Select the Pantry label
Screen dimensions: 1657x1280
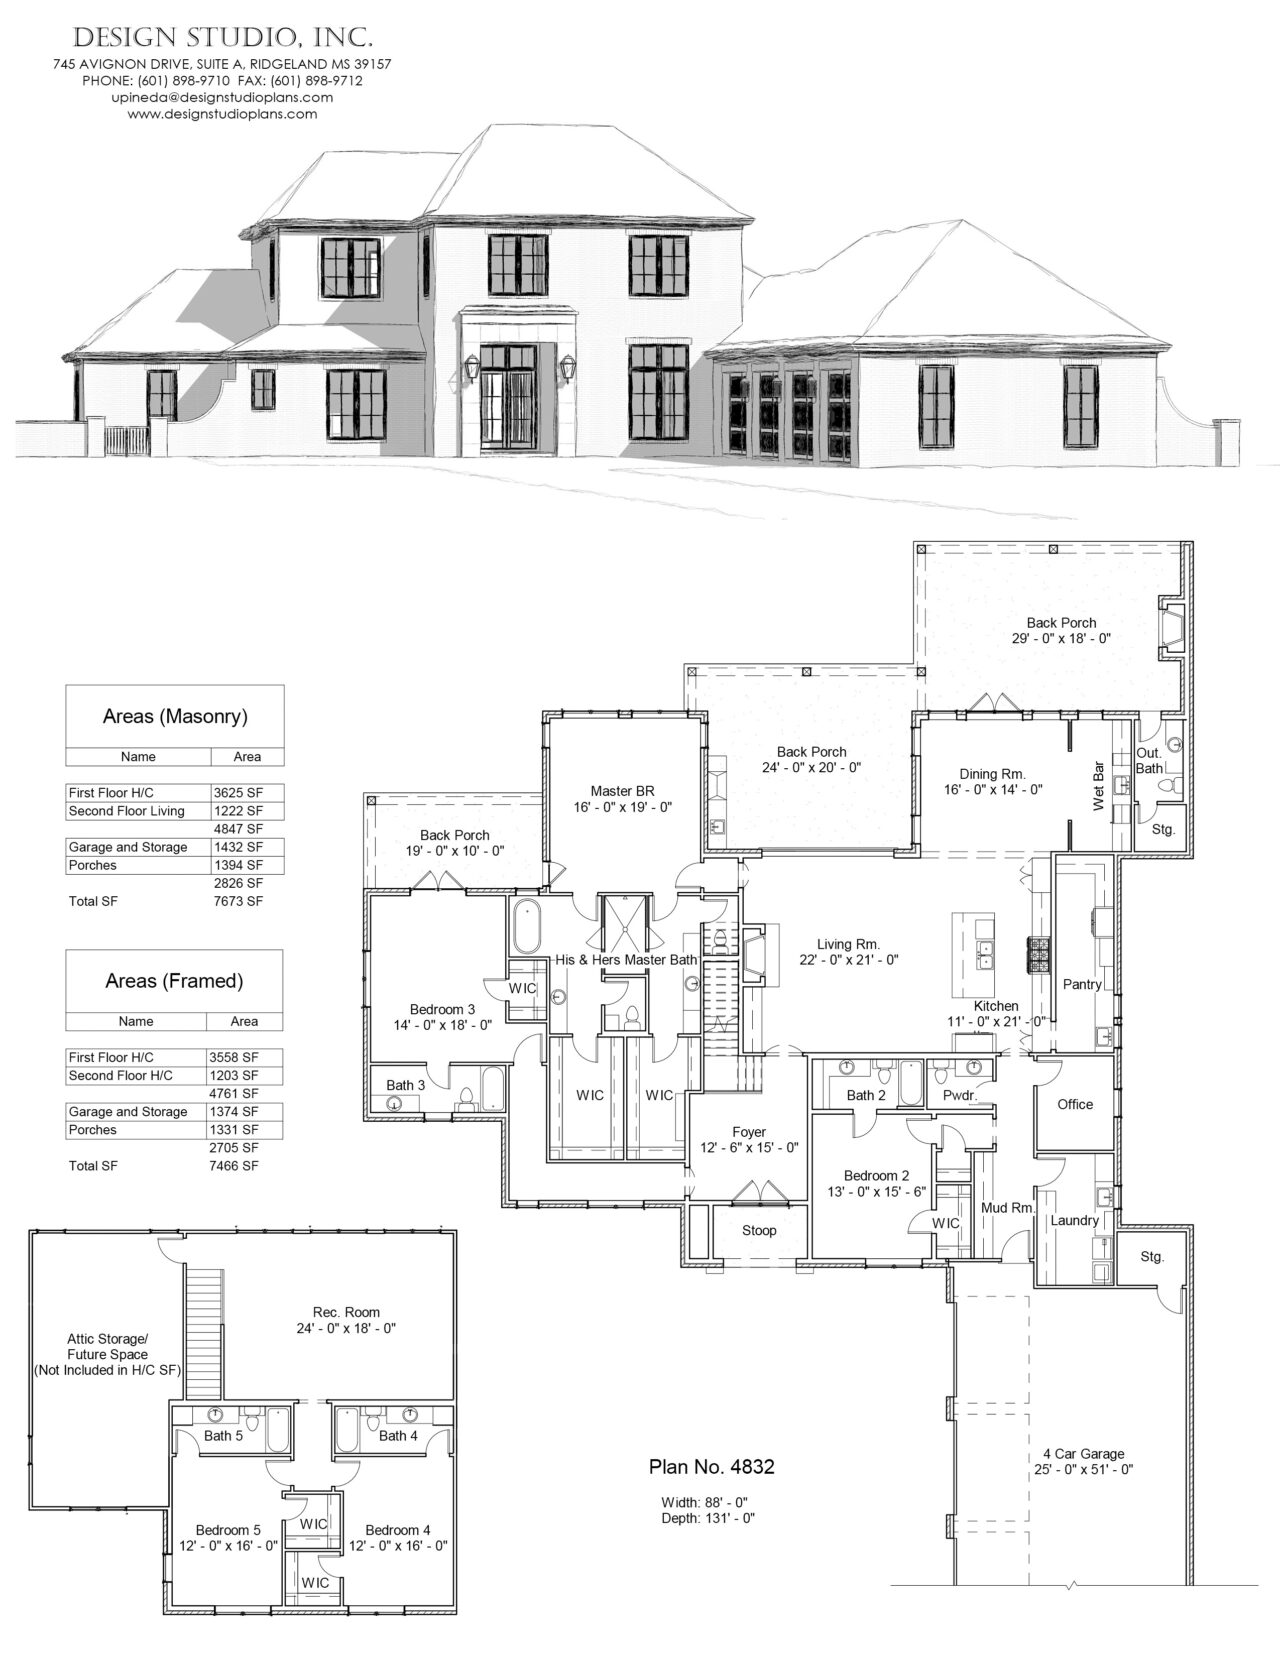[x=1082, y=984]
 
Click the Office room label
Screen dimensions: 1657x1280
[x=1075, y=1104]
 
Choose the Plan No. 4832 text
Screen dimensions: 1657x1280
[x=712, y=1467]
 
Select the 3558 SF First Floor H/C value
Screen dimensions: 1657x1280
[x=235, y=1057]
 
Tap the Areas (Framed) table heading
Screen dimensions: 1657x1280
[x=174, y=981]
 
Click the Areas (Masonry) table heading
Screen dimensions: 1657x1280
[x=175, y=716]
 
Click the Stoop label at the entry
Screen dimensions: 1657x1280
[x=759, y=1230]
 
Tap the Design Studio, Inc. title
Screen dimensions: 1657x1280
[x=224, y=38]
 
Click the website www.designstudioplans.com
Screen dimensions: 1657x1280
[x=222, y=114]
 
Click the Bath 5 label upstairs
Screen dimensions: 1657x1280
[x=223, y=1436]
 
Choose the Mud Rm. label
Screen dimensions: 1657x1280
[x=1006, y=1208]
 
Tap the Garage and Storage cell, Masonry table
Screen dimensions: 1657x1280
[x=127, y=847]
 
